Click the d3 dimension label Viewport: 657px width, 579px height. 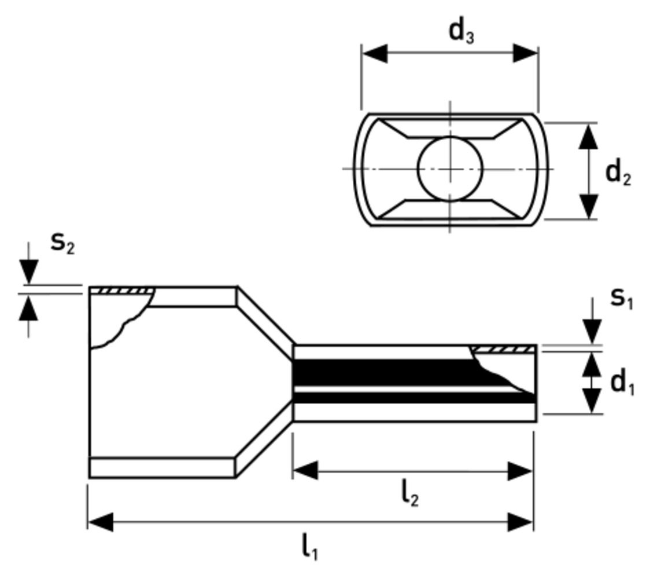point(461,32)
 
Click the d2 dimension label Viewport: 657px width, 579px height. point(618,172)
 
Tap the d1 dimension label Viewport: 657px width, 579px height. point(622,383)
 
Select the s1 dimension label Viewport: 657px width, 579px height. point(622,298)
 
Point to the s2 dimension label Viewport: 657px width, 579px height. point(62,242)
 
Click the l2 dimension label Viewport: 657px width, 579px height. point(409,494)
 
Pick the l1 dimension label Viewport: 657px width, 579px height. point(310,546)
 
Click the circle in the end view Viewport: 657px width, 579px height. point(450,169)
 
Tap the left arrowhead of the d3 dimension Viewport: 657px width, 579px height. point(374,53)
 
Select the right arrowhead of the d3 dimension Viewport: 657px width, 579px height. point(526,53)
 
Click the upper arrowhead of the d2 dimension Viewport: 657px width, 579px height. point(589,135)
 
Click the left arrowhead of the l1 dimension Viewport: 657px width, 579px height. point(101,522)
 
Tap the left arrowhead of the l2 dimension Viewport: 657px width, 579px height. point(305,471)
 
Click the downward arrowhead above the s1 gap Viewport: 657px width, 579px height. point(592,332)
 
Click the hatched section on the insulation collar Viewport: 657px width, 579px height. point(122,290)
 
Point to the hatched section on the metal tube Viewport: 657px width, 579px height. point(503,349)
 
